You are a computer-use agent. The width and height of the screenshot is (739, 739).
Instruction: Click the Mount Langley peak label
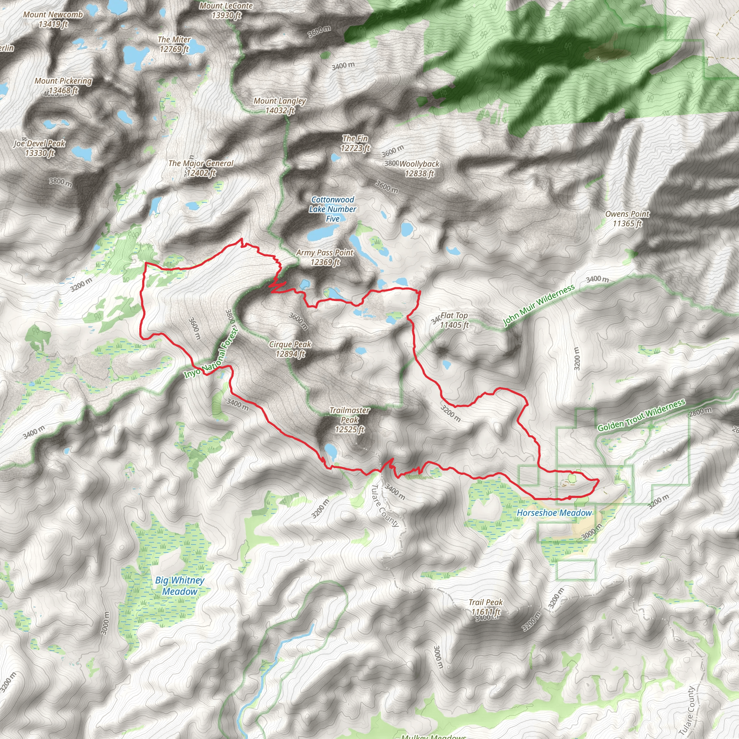click(280, 106)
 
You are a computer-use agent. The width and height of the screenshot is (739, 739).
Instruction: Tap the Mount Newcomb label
click(53, 19)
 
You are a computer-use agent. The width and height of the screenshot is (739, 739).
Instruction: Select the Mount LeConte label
click(226, 10)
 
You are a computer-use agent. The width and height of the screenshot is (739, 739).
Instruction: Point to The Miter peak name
click(174, 44)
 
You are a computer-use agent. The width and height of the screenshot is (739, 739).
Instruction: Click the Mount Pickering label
click(64, 85)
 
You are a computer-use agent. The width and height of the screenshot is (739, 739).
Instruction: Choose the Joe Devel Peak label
click(40, 148)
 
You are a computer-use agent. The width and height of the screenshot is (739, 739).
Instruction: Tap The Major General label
click(201, 168)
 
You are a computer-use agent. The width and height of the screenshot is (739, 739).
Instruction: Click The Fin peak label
click(355, 143)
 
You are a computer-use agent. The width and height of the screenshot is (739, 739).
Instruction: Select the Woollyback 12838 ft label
click(420, 168)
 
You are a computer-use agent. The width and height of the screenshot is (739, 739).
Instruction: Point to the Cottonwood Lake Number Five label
click(332, 209)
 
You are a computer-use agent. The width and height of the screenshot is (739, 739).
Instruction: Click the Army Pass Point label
click(325, 257)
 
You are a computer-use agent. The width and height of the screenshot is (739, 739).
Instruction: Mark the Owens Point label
click(627, 218)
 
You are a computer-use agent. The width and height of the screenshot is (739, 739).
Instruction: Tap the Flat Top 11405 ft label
click(454, 320)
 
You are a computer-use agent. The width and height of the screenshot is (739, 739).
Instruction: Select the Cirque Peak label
click(290, 349)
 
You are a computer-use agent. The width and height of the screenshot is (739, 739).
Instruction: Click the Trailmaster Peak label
click(350, 420)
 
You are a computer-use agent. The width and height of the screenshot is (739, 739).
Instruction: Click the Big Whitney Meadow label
click(180, 586)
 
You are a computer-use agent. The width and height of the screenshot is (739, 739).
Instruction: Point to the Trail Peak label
click(486, 607)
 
